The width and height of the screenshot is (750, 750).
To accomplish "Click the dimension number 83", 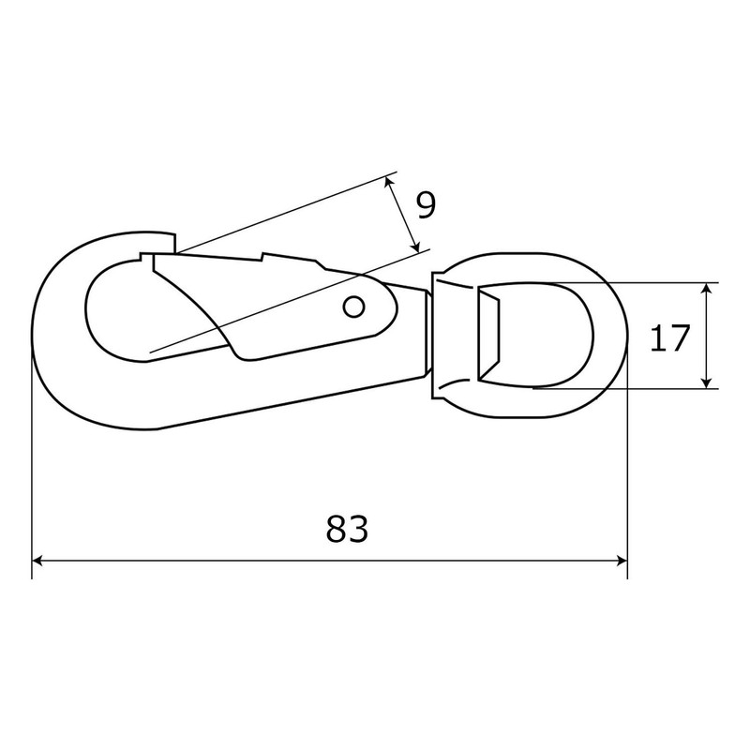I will (346, 529).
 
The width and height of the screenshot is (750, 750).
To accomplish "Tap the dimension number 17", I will (669, 337).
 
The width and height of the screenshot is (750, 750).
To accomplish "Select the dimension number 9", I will (426, 205).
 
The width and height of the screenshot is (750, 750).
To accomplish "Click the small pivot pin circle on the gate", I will (353, 306).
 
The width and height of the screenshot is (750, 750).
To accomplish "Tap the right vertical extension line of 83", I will (626, 469).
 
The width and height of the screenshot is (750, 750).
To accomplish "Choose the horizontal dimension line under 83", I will (234, 561).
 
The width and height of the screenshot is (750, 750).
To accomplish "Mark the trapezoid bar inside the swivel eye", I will (489, 335).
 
